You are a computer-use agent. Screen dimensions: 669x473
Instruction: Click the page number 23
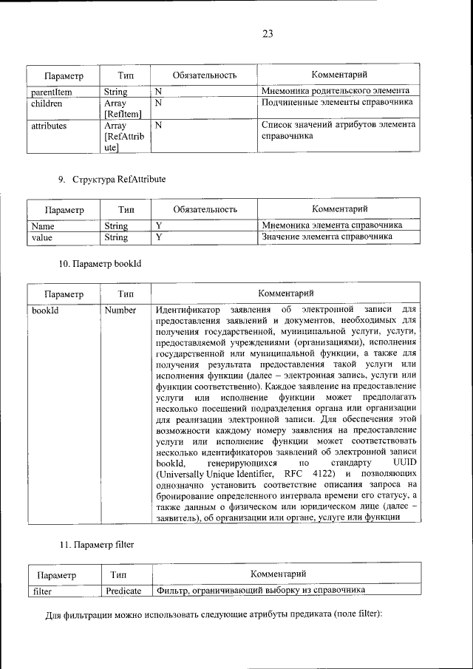(268, 33)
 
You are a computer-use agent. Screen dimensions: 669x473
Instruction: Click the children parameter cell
(47, 104)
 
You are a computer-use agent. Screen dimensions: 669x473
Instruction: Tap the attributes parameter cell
(49, 126)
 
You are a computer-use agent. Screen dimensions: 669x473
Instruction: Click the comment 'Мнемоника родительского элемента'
(336, 92)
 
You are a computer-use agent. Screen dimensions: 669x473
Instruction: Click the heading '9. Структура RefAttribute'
(112, 179)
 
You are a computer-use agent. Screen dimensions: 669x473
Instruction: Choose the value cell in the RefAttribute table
(43, 237)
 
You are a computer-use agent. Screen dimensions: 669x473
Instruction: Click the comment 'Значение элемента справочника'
(327, 237)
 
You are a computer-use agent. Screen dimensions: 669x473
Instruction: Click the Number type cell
(120, 310)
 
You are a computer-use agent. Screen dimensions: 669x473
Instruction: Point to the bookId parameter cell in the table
(45, 310)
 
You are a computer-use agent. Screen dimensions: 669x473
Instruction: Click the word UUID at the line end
(405, 462)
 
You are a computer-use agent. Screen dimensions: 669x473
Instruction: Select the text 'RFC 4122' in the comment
(302, 473)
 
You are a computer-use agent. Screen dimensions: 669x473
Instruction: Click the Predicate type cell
(123, 591)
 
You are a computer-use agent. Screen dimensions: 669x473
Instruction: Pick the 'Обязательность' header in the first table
(204, 75)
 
